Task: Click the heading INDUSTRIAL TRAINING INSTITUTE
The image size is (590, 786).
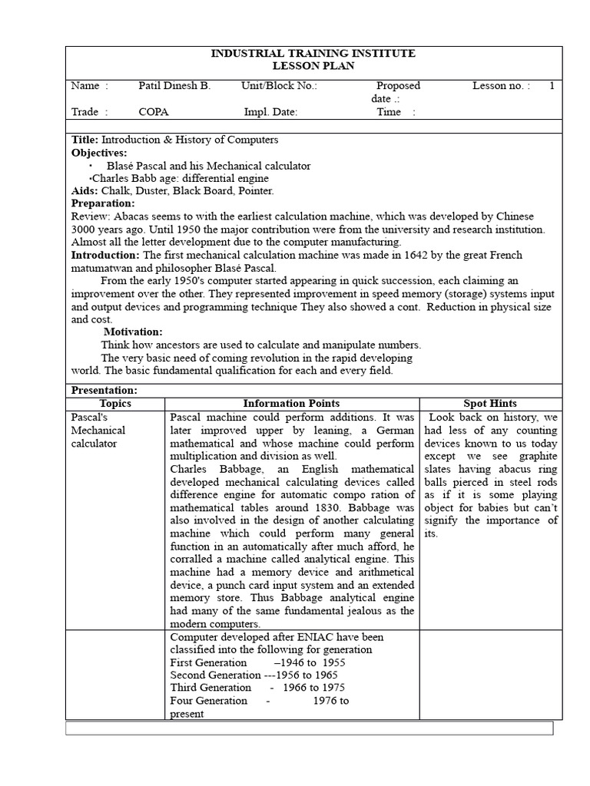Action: click(x=313, y=53)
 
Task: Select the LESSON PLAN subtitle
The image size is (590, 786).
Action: click(x=313, y=66)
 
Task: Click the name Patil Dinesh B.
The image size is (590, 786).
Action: click(x=174, y=86)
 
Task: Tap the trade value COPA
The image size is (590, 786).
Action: click(x=154, y=112)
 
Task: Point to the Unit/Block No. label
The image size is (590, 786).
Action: click(x=279, y=86)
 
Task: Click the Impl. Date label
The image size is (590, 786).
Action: click(x=270, y=112)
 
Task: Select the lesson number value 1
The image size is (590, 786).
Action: click(x=551, y=86)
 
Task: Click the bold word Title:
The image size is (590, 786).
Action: click(x=85, y=140)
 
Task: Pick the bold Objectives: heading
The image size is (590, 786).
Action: click(x=99, y=153)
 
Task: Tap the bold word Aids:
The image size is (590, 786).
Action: click(x=85, y=190)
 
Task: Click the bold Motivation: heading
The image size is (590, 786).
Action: click(x=133, y=332)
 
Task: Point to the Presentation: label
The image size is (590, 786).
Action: click(x=104, y=390)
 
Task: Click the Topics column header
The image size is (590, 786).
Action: click(x=115, y=403)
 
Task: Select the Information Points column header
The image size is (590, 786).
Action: click(x=291, y=403)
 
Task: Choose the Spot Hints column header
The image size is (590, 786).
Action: click(x=490, y=403)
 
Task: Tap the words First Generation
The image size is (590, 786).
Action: click(x=208, y=662)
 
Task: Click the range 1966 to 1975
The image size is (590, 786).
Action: click(x=313, y=687)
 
